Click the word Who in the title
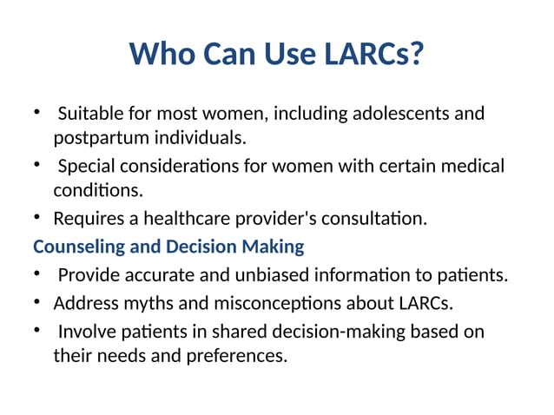(162, 56)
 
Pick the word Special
(88, 166)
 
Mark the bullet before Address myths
(38, 304)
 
